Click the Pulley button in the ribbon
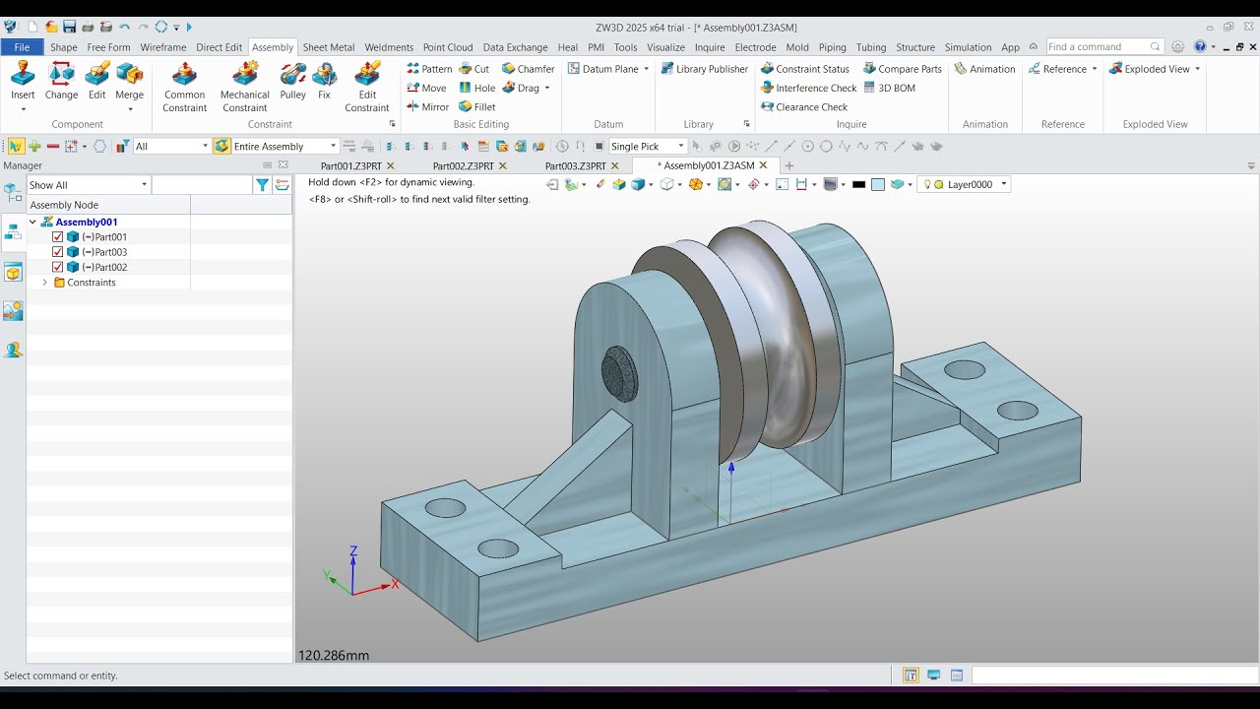coord(292,81)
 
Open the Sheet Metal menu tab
coord(329,47)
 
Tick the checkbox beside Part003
coord(58,252)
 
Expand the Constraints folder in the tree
coord(44,283)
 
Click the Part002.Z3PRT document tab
coord(463,166)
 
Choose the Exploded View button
coord(1149,69)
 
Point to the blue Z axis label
coord(353,551)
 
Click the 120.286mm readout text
coord(334,655)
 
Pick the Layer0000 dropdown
coord(970,184)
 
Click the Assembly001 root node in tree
coord(86,223)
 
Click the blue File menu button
coord(22,47)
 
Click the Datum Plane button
coord(609,69)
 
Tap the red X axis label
coord(395,584)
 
